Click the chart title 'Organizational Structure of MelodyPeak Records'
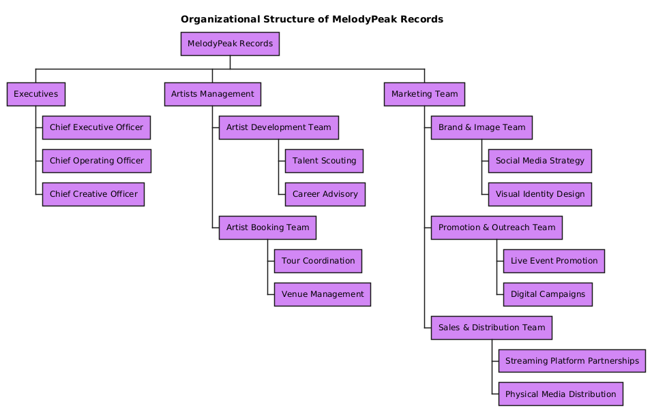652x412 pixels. pos(312,19)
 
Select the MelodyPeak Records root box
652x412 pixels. pos(230,44)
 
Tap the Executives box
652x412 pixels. pos(35,94)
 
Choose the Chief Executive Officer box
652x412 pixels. pos(96,127)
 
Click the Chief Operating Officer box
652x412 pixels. pos(96,161)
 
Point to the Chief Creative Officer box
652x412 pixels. pos(93,194)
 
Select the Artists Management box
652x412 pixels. pos(212,94)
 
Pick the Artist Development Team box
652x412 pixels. pos(278,127)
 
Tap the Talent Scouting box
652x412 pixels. pos(324,161)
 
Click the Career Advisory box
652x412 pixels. pos(325,194)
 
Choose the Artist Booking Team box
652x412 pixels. pos(267,227)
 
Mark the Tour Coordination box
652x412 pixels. pos(318,261)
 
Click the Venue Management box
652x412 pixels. pos(322,294)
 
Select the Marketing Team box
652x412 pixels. pos(424,94)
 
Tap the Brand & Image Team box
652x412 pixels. pos(481,127)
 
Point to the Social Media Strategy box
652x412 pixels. pos(539,161)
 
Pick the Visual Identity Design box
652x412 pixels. pos(539,194)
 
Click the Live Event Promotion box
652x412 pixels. pos(554,261)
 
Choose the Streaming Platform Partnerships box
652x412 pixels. pos(572,360)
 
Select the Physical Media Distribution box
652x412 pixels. pos(561,394)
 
